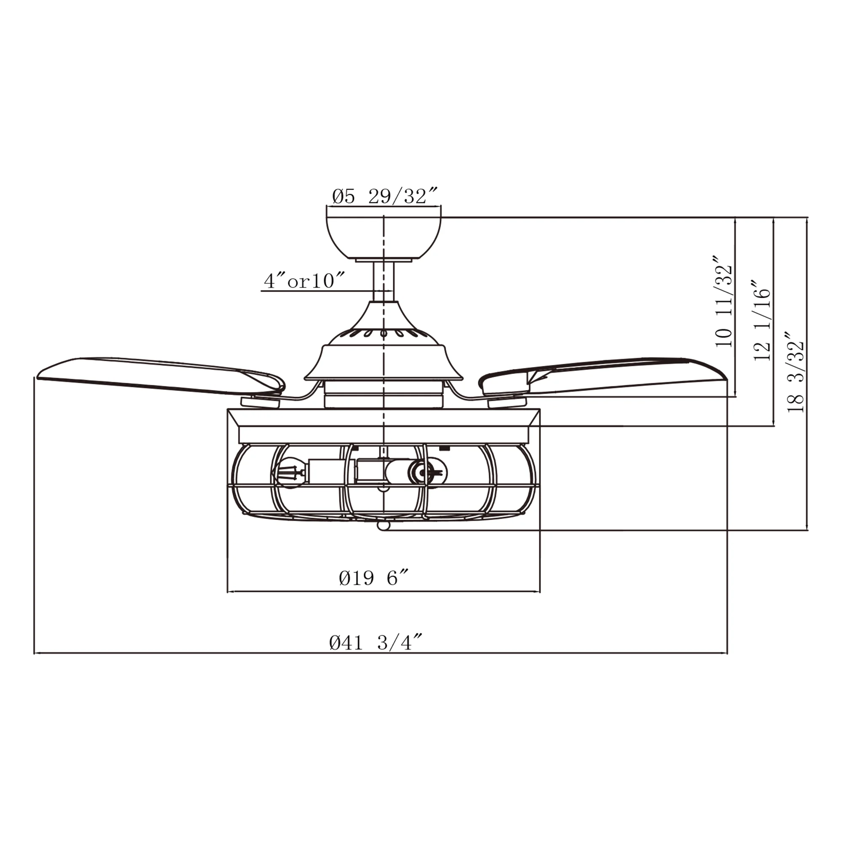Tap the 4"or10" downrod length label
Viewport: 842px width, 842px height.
[x=305, y=282]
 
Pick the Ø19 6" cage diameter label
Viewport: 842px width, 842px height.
[x=374, y=578]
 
